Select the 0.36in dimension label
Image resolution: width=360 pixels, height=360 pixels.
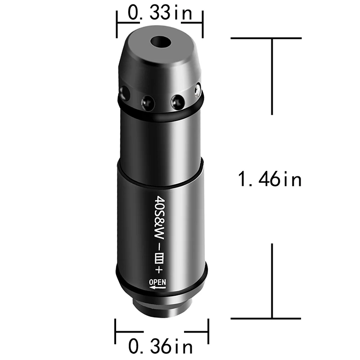(x=161, y=347)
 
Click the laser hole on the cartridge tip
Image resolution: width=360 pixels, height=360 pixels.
(x=161, y=43)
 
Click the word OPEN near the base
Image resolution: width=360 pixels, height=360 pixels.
(x=158, y=283)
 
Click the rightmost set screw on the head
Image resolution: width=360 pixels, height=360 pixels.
(x=197, y=91)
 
